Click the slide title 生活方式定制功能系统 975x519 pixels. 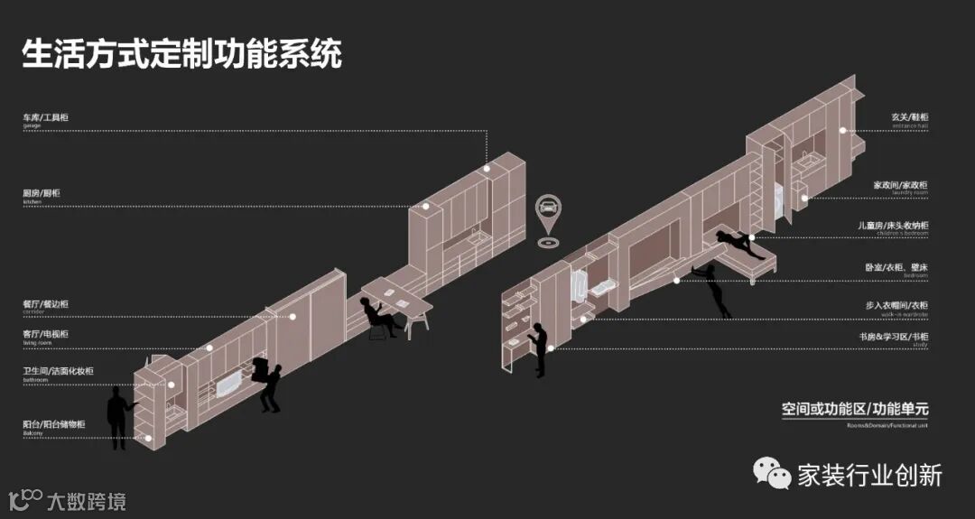181,54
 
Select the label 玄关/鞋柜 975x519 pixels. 909,118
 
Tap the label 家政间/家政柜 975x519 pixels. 900,185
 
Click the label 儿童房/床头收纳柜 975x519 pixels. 893,226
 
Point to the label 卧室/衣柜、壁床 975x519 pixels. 896,267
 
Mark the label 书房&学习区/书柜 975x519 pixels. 893,337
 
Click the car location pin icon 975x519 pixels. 547,210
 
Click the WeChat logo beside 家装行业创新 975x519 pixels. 772,473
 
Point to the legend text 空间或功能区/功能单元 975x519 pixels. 855,409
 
